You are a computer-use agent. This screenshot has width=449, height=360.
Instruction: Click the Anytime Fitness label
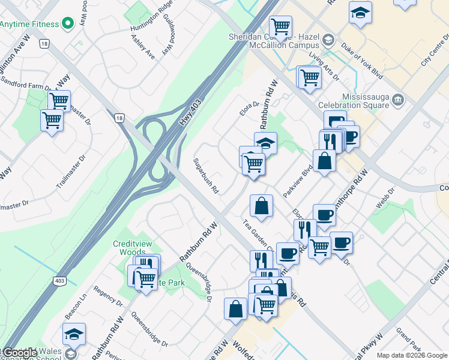(29, 24)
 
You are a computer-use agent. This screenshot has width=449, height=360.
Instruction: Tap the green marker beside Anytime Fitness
(67, 24)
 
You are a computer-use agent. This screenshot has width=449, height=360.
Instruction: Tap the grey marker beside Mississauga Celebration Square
(397, 98)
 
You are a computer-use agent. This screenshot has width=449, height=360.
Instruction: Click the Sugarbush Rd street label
(205, 176)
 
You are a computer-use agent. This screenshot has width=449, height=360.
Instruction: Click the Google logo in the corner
(19, 353)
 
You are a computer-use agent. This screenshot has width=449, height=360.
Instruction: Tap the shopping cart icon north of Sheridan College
(280, 27)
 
